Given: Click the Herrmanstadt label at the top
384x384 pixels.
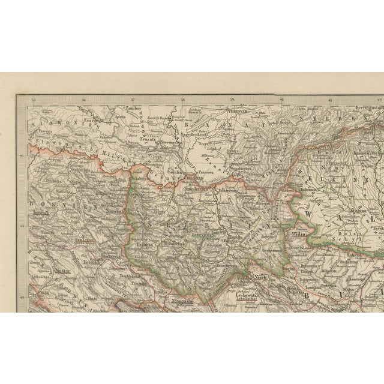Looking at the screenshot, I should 352,103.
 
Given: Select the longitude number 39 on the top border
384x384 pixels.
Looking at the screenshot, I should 232,98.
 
